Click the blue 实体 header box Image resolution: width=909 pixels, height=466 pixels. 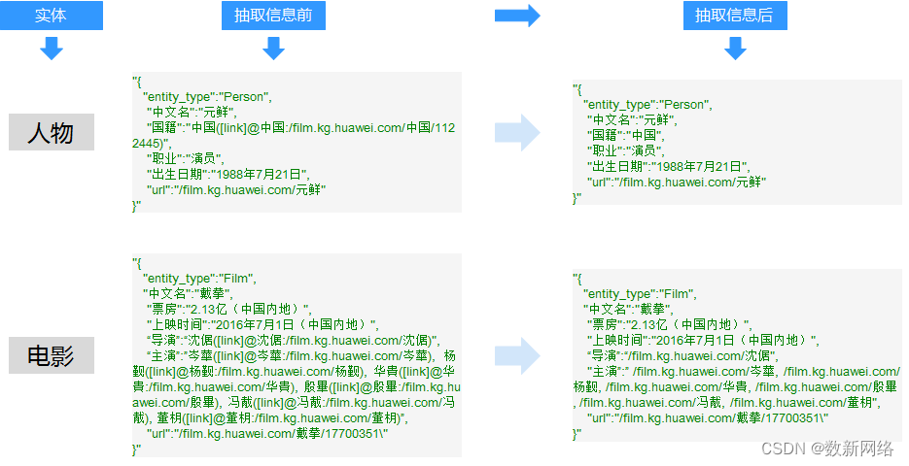[52, 16]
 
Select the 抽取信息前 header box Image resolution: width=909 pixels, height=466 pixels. [273, 16]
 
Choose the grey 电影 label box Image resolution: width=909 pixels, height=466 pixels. [52, 356]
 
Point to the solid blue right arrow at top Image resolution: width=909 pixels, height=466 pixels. [517, 16]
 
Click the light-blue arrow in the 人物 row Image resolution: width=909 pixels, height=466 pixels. [517, 132]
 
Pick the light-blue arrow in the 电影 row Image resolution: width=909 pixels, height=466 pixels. [517, 355]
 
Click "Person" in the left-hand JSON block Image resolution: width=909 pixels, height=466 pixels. [246, 97]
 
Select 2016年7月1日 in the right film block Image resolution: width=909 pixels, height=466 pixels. [694, 340]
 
